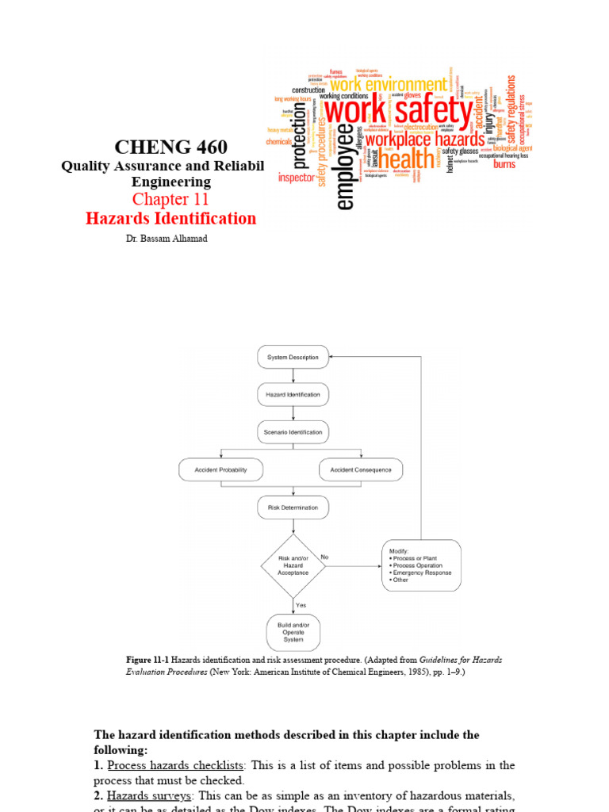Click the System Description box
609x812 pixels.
pos(293,357)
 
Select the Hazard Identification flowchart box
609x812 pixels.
pos(293,394)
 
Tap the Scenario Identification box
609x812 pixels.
pos(293,432)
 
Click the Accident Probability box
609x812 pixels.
pos(221,469)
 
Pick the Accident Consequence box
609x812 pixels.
pos(361,469)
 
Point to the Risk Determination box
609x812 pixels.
pos(293,507)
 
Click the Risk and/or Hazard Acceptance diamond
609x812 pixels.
pos(293,565)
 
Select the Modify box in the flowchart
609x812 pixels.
pos(421,565)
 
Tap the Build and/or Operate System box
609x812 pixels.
pos(293,632)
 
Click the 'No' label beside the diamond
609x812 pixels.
pos(324,557)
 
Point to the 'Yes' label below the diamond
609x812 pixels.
pos(301,605)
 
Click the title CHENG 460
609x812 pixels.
pos(170,147)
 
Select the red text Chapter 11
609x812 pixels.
pos(171,199)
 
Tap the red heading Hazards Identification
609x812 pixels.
pos(171,219)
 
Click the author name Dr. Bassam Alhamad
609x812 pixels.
pos(171,239)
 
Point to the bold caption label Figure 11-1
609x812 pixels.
pos(147,660)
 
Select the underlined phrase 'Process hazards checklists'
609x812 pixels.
pos(176,765)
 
